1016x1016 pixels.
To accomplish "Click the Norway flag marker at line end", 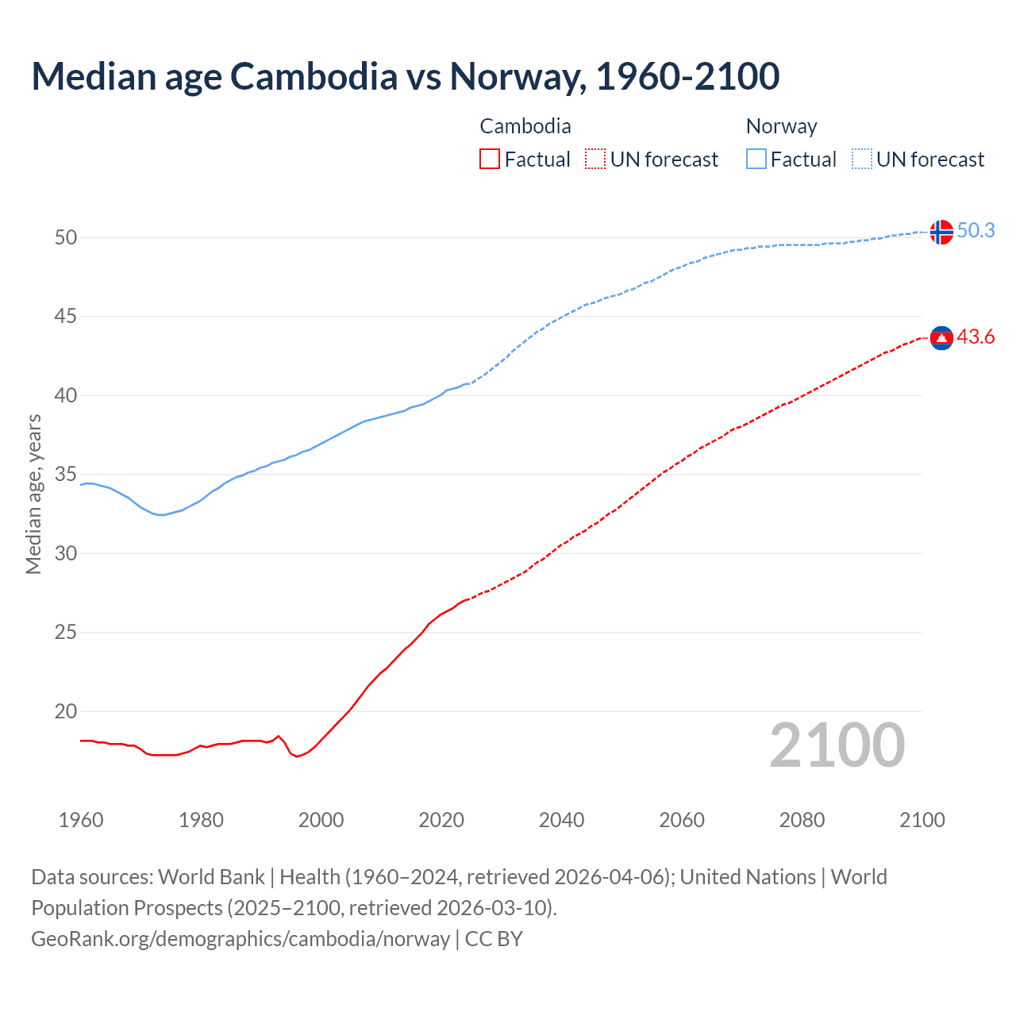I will click(941, 232).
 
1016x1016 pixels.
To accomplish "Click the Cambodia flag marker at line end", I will click(941, 338).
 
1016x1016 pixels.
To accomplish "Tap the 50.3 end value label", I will click(976, 230).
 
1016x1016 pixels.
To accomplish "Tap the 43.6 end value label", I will click(976, 337).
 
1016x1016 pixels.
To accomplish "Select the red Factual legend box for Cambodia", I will click(490, 160).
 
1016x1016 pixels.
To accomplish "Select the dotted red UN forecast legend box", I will click(595, 160).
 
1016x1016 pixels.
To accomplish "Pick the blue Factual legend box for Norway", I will click(756, 160).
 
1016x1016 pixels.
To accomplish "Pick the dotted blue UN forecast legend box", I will click(861, 160).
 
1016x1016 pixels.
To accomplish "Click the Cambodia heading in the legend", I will click(525, 126).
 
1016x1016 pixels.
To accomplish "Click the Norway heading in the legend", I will click(781, 126).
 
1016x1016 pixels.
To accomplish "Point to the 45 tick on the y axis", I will click(66, 317).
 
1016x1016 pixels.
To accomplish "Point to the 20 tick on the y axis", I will click(66, 712).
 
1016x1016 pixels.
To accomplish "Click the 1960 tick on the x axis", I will click(81, 820).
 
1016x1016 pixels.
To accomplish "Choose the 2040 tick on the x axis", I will click(561, 820).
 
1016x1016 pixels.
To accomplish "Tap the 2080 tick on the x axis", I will click(802, 820).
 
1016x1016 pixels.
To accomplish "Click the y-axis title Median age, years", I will click(33, 494).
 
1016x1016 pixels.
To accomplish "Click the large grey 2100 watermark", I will click(837, 745).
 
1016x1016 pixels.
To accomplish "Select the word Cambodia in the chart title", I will click(314, 76).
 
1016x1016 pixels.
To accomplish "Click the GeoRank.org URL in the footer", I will click(241, 939).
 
